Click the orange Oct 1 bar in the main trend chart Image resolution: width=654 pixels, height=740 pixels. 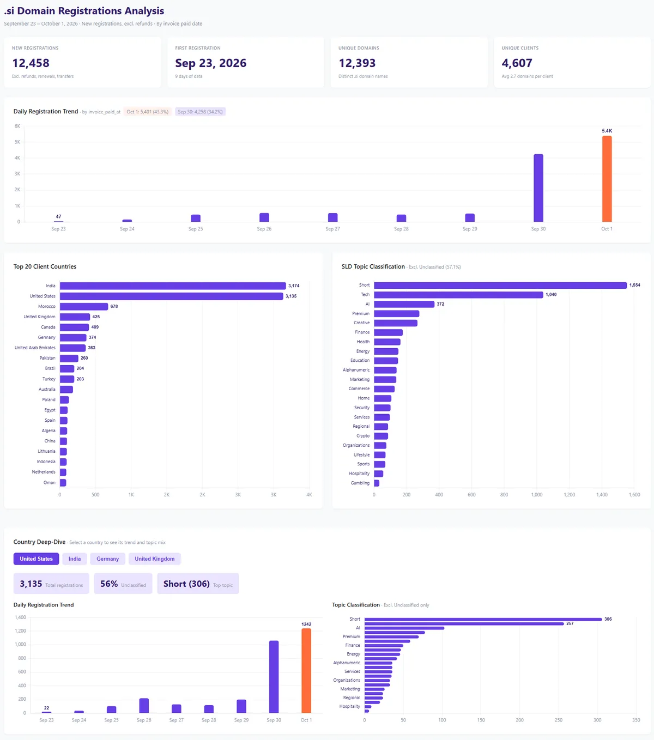tap(607, 179)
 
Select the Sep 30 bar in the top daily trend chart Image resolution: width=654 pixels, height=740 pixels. tap(538, 188)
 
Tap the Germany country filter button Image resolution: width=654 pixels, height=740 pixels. tap(107, 559)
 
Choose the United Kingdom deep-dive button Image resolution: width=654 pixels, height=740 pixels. tap(155, 559)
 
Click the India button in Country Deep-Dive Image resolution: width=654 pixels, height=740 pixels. tap(75, 559)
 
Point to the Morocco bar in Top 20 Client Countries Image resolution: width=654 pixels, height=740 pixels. tap(84, 306)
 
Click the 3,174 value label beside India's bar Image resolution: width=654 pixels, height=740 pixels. tap(294, 286)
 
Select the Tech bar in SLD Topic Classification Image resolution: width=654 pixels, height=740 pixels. tap(458, 294)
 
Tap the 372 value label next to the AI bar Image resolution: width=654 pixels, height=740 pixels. tap(440, 304)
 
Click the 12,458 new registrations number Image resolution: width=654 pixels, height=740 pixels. tap(31, 63)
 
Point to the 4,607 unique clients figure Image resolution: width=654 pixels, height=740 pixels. tap(517, 63)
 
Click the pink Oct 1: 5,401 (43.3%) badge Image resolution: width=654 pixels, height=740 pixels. tap(147, 112)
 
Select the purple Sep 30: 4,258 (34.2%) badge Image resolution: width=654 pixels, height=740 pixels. tap(200, 112)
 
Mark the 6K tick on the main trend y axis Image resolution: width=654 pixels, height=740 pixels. tap(17, 126)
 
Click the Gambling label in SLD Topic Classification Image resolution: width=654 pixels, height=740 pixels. tap(360, 483)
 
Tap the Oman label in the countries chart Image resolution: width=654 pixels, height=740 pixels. tap(50, 482)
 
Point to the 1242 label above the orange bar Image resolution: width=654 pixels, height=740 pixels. tap(306, 624)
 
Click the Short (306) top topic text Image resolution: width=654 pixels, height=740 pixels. tap(186, 584)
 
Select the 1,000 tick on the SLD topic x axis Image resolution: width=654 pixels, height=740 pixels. tap(536, 495)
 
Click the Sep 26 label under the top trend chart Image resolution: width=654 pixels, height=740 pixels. tap(264, 229)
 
